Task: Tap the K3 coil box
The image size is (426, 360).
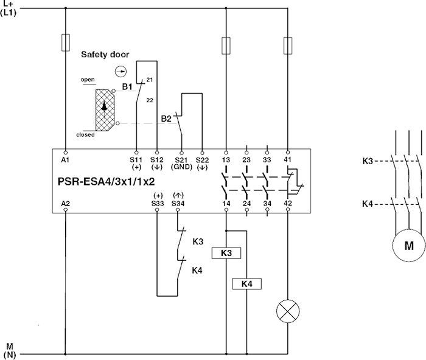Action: tap(226, 253)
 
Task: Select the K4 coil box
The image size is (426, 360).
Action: tap(247, 283)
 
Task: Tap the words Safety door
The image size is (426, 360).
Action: tap(105, 55)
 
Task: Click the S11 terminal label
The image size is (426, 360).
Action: tap(136, 159)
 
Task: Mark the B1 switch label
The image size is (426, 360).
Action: tap(127, 87)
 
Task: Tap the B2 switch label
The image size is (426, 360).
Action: tap(166, 118)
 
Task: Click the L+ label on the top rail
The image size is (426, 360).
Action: tap(9, 4)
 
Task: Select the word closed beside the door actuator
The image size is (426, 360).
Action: tap(85, 134)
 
